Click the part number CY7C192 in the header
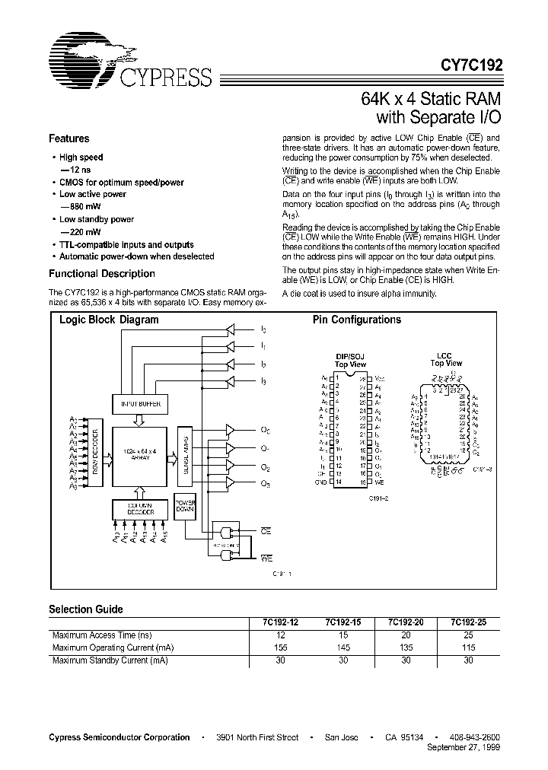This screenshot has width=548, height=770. point(470,65)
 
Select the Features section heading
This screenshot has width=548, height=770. point(68,138)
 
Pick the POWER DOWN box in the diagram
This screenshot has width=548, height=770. point(186,509)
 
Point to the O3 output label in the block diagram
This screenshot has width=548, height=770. point(264,484)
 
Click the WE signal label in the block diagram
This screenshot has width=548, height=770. point(266,558)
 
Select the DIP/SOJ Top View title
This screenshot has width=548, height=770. point(351,360)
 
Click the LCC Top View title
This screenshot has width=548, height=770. point(446,359)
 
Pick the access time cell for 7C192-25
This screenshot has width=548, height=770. point(469,635)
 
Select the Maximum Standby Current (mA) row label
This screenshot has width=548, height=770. point(109,660)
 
